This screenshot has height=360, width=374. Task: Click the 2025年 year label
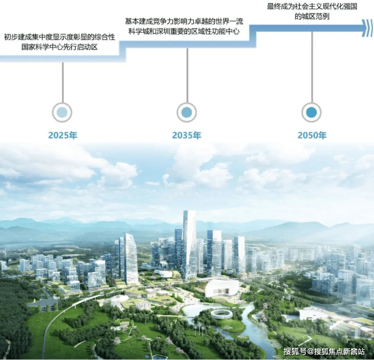[x=63, y=136]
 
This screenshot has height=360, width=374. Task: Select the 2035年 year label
[x=187, y=136]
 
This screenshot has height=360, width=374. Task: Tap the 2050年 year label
[x=312, y=136]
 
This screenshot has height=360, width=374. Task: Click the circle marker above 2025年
[x=62, y=112]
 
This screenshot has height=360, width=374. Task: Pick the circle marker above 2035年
[x=187, y=112]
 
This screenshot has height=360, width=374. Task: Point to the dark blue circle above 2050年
[x=311, y=112]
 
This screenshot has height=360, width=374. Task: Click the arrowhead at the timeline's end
[x=367, y=28]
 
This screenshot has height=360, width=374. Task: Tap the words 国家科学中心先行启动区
[x=60, y=47]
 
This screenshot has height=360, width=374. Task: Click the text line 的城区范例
[x=312, y=17]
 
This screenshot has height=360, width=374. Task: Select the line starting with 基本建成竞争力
[x=184, y=21]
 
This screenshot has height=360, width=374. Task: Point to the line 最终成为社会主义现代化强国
[x=312, y=7]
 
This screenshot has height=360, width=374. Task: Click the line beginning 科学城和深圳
[x=184, y=31]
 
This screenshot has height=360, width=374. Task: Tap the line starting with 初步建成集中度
[x=60, y=37]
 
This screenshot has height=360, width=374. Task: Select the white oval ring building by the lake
[x=221, y=314]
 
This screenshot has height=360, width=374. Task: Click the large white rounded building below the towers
[x=222, y=288]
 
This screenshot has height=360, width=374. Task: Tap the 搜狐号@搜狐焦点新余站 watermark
[x=324, y=351]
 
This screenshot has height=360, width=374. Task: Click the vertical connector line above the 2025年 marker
[x=63, y=82]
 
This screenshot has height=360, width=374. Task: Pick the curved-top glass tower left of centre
[x=130, y=259]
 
